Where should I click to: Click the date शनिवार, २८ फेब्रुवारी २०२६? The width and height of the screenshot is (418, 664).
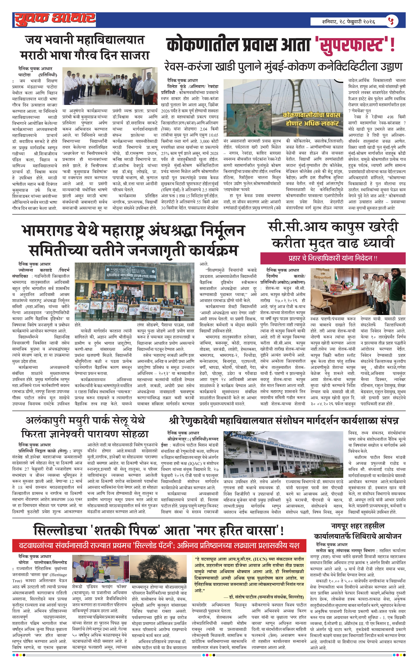[x=348, y=21]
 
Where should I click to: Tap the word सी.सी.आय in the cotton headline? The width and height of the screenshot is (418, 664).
[x=297, y=227]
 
